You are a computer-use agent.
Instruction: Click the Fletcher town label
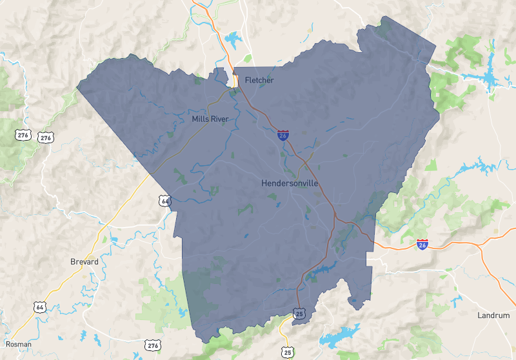259,80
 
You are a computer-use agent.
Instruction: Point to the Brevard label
84,262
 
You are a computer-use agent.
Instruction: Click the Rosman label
17,345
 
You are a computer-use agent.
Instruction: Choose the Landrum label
493,315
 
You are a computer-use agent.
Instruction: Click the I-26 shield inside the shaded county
283,135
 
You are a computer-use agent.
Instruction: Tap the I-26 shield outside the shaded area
422,245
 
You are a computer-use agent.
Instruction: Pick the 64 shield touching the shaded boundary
166,201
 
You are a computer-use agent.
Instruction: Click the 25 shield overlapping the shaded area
299,314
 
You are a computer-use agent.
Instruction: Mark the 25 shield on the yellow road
287,352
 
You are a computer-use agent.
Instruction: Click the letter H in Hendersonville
264,183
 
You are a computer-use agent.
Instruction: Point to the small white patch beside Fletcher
236,80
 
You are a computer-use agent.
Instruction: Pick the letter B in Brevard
72,262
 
